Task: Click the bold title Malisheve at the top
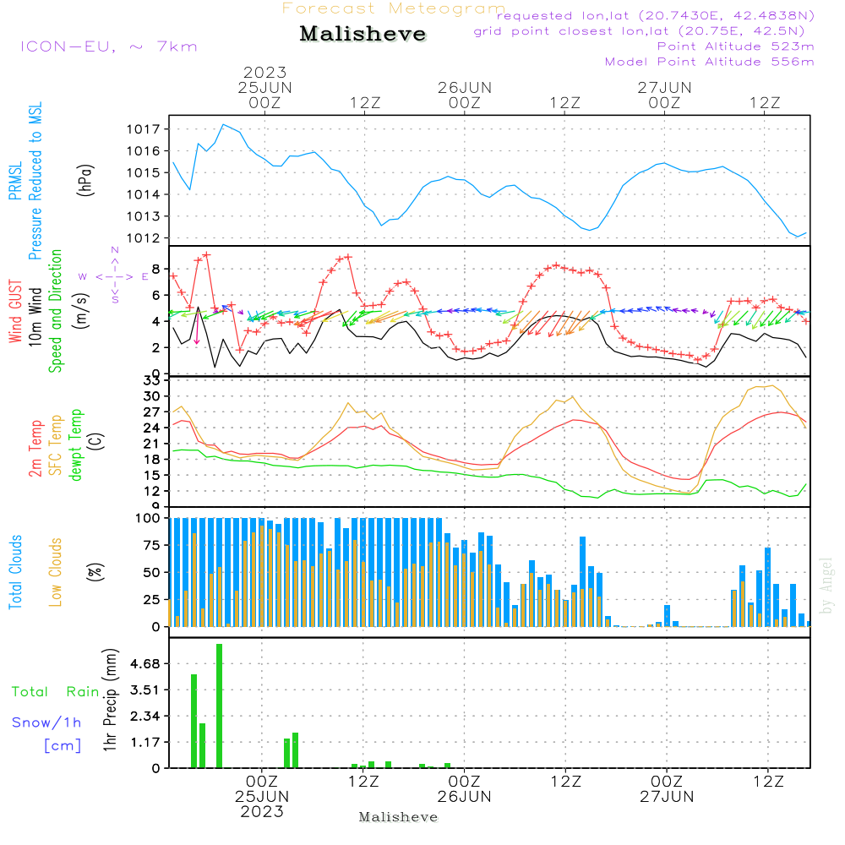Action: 363,34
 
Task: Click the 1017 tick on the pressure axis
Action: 143,129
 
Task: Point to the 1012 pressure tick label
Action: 143,238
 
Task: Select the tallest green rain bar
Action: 220,706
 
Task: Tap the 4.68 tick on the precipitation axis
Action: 145,664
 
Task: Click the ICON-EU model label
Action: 109,46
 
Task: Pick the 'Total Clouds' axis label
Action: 15,572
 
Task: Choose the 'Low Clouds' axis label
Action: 56,572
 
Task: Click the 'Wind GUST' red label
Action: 15,312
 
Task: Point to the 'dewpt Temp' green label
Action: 75,444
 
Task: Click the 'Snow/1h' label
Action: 46,722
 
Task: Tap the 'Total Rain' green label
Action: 56,692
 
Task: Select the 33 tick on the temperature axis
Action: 152,381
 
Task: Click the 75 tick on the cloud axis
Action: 152,545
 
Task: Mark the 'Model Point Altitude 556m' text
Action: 709,62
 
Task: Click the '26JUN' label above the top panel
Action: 465,88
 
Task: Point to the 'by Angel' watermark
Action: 826,586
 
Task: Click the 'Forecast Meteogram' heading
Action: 394,8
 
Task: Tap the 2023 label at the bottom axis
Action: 262,811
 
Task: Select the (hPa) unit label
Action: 85,180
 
